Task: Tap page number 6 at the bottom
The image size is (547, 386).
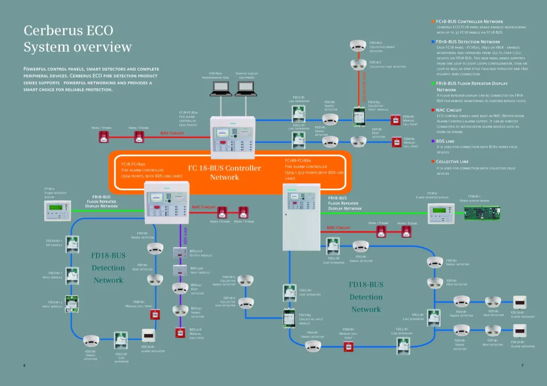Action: pyautogui.click(x=25, y=365)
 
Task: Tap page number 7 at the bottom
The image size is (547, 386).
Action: pyautogui.click(x=522, y=365)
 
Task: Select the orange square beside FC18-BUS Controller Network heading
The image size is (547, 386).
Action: pyautogui.click(x=432, y=21)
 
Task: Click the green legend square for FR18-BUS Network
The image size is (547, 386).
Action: pyautogui.click(x=432, y=84)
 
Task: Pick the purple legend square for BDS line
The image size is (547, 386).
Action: pyautogui.click(x=432, y=141)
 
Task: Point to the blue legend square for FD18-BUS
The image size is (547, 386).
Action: pyautogui.click(x=432, y=41)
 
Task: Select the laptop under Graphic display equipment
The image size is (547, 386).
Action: pyautogui.click(x=246, y=90)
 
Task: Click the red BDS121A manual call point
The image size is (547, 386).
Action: pyautogui.click(x=180, y=333)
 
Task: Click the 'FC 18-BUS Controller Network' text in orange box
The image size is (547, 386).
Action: pyautogui.click(x=224, y=172)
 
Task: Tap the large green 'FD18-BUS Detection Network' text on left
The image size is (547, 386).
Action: pyautogui.click(x=108, y=267)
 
